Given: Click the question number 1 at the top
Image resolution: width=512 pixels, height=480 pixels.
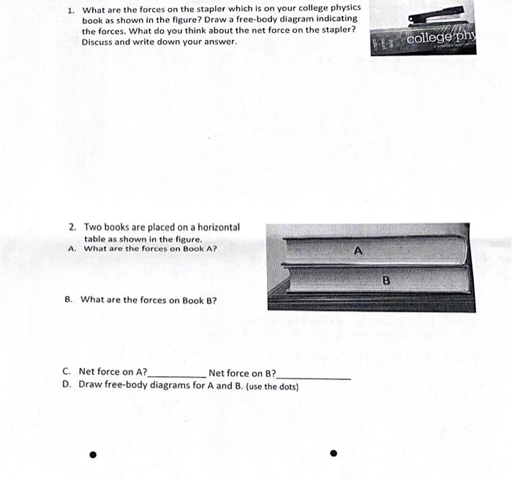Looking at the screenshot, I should point(70,10).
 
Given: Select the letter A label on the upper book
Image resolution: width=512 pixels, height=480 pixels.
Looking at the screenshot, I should point(358,251).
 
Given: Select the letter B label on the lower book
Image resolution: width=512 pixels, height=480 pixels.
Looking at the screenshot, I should point(386,280).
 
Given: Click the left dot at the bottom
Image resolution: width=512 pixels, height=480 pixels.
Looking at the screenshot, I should point(93,454).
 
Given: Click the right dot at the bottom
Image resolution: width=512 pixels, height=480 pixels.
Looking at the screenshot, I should point(334,452).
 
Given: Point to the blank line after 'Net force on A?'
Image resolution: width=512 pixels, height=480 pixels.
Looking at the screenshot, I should point(176,376).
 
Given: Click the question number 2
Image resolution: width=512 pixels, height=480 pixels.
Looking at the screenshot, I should point(72,227).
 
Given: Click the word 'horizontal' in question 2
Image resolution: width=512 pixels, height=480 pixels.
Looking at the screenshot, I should point(215,227).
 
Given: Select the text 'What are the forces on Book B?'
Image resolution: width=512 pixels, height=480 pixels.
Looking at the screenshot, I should point(148,300).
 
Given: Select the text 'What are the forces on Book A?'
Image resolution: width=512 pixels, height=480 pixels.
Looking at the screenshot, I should point(150,248).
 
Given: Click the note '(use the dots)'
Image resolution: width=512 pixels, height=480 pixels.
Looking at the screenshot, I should point(272,386).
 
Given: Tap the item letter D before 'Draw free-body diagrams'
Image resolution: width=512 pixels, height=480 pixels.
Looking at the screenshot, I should point(67,384).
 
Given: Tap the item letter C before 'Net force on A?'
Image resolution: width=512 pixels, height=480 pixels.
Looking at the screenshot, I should point(67,372).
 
